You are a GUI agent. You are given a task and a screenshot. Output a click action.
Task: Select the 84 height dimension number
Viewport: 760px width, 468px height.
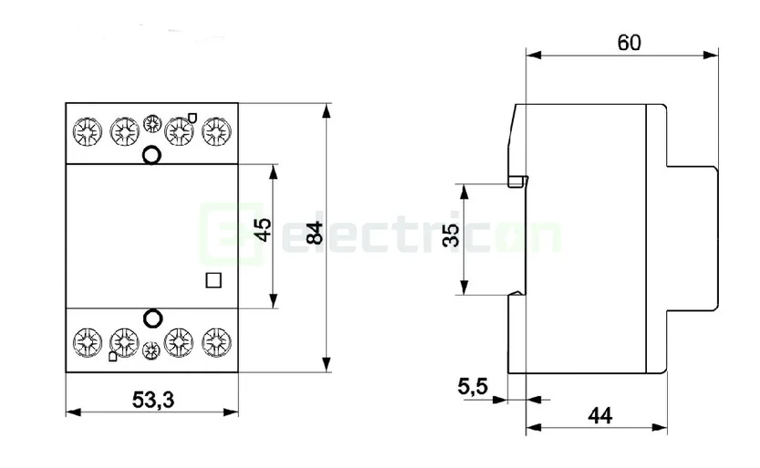(315, 233)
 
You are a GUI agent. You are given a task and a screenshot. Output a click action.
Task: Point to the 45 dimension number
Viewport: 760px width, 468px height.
(262, 230)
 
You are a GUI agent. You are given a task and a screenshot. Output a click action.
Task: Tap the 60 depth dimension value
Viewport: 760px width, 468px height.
(629, 42)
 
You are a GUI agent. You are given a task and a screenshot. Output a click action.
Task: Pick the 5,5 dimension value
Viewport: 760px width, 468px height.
(473, 388)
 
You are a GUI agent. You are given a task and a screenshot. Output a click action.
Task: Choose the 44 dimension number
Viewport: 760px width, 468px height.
(600, 415)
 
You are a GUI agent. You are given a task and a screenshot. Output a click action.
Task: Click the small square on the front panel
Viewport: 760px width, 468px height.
(214, 281)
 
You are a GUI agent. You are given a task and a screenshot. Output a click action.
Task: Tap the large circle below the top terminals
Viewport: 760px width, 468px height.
(152, 155)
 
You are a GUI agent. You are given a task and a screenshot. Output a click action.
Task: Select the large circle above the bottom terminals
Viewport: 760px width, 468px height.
(152, 318)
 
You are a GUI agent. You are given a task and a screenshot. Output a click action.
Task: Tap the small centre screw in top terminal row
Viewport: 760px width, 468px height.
(152, 124)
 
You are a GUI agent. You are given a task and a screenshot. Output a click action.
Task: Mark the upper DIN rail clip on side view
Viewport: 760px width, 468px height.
(518, 181)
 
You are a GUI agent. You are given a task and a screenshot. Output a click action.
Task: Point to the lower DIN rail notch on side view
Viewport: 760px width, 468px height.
(517, 293)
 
